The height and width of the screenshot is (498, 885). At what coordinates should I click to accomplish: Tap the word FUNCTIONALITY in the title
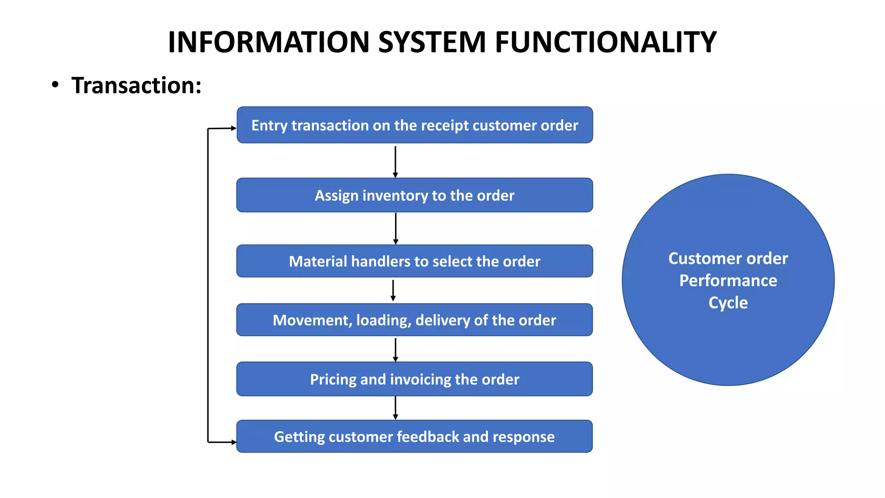[605, 42]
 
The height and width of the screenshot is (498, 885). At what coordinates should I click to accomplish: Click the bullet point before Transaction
[55, 85]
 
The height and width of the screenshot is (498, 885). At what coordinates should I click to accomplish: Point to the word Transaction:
[136, 85]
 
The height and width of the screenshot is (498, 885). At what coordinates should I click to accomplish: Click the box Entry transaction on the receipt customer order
[414, 125]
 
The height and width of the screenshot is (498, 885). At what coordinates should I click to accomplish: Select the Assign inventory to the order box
[414, 195]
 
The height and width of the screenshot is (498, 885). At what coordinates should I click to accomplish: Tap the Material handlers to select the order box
[414, 261]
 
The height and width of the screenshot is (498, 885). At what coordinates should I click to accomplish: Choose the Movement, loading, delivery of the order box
[414, 320]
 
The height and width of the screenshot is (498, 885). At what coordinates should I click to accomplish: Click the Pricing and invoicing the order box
[414, 379]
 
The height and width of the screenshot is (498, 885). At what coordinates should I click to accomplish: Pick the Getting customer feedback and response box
[414, 437]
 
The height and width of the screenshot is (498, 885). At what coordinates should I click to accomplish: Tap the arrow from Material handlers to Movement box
[393, 290]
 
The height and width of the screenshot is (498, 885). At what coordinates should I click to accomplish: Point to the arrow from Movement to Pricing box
[395, 349]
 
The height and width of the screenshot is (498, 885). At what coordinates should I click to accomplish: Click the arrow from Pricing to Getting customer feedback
[395, 408]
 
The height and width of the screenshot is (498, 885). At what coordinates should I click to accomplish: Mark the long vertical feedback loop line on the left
[208, 285]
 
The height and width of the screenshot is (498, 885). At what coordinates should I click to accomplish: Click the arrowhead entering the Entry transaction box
[233, 128]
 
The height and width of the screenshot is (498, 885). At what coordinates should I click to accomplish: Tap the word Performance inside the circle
[728, 281]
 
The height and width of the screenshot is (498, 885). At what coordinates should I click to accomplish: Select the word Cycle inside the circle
[728, 303]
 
